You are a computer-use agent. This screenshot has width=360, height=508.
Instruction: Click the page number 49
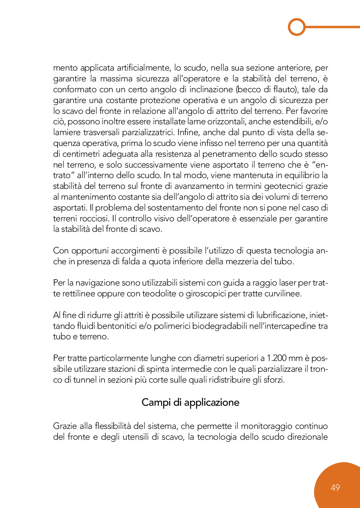click(x=335, y=487)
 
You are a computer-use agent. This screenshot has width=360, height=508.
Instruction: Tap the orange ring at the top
click(x=297, y=27)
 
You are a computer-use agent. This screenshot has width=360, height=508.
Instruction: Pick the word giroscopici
click(x=205, y=294)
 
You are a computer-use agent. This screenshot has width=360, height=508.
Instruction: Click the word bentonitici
click(x=117, y=326)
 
